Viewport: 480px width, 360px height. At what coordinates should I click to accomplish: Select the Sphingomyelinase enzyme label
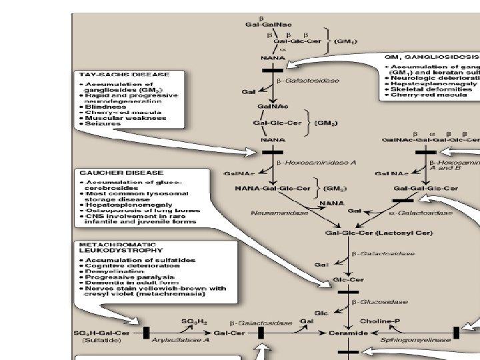click(x=425, y=339)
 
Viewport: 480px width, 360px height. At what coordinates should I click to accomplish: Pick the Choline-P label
click(x=380, y=321)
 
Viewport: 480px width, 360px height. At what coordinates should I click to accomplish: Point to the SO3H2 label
click(x=192, y=321)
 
